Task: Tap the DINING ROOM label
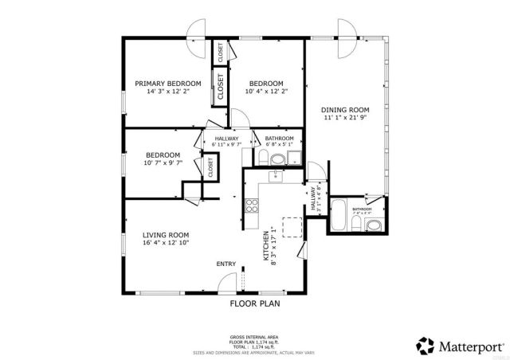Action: (345, 110)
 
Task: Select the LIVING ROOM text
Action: (166, 235)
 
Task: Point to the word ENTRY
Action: (226, 264)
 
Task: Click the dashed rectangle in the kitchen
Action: (292, 226)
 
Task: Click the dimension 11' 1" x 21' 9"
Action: (345, 119)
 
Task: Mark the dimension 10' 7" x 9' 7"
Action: (163, 163)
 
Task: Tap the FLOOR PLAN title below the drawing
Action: (255, 303)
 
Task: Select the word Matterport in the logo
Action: (468, 345)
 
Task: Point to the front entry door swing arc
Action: (229, 280)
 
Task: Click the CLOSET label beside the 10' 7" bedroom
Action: (210, 167)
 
